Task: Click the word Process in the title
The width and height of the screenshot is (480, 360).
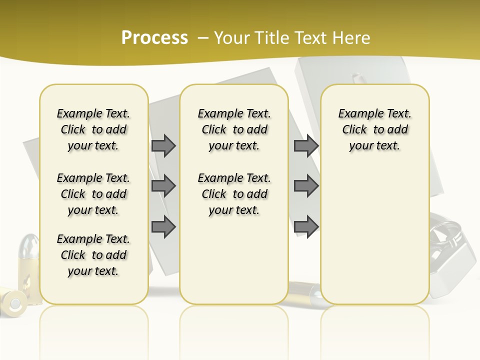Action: pos(154,37)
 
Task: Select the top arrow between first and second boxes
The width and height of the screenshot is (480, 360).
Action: pos(163,145)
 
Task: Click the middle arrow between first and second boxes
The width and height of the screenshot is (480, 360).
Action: pos(163,186)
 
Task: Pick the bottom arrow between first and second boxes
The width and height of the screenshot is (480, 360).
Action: pos(163,227)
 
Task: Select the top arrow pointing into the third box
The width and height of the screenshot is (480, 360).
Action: pos(306,145)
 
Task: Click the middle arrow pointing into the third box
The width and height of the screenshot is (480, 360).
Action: pos(306,186)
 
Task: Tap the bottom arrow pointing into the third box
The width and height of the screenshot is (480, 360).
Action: pos(306,227)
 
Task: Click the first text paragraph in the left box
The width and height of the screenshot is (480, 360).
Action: pos(93,129)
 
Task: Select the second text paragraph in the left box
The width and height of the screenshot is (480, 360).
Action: pos(93,194)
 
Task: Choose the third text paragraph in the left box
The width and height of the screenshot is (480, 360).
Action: pos(93,255)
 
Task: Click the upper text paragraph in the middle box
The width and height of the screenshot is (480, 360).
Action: pos(234,129)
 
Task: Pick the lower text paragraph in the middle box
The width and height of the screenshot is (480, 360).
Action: pos(234,194)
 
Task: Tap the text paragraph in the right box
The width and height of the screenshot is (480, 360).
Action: pos(375,129)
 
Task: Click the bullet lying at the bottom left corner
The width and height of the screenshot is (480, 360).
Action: pos(13,302)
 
